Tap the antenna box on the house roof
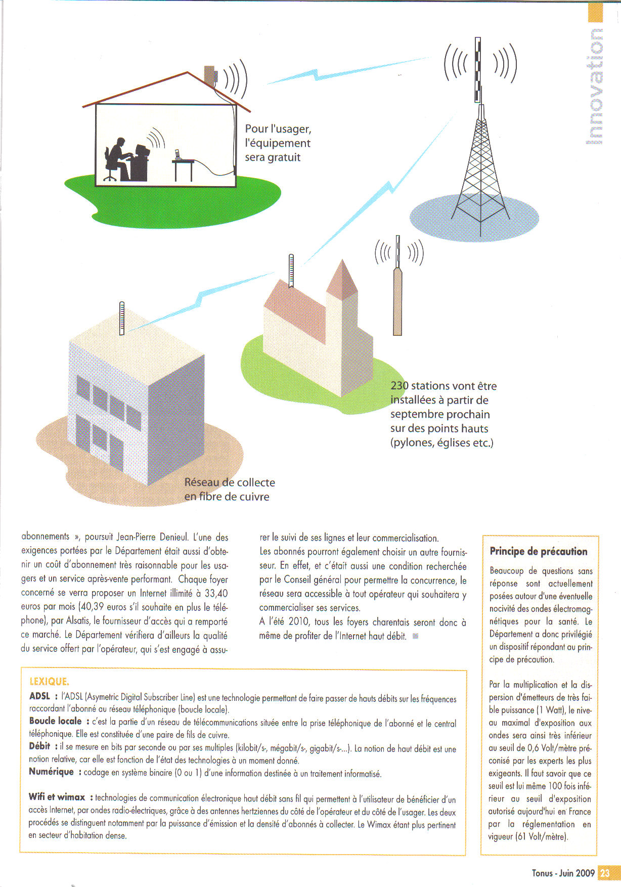(x=210, y=76)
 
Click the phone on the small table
(x=177, y=155)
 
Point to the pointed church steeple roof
(x=342, y=279)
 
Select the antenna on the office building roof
(x=122, y=318)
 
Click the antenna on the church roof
(x=291, y=271)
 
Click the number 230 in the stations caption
(x=400, y=386)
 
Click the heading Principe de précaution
(x=539, y=551)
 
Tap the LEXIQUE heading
(x=49, y=682)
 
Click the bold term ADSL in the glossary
(x=40, y=696)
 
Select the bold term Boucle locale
(x=55, y=721)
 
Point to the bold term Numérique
(x=51, y=772)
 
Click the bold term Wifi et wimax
(x=57, y=797)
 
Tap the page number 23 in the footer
(x=605, y=873)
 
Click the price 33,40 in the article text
(x=216, y=593)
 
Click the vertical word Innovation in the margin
(x=596, y=86)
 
